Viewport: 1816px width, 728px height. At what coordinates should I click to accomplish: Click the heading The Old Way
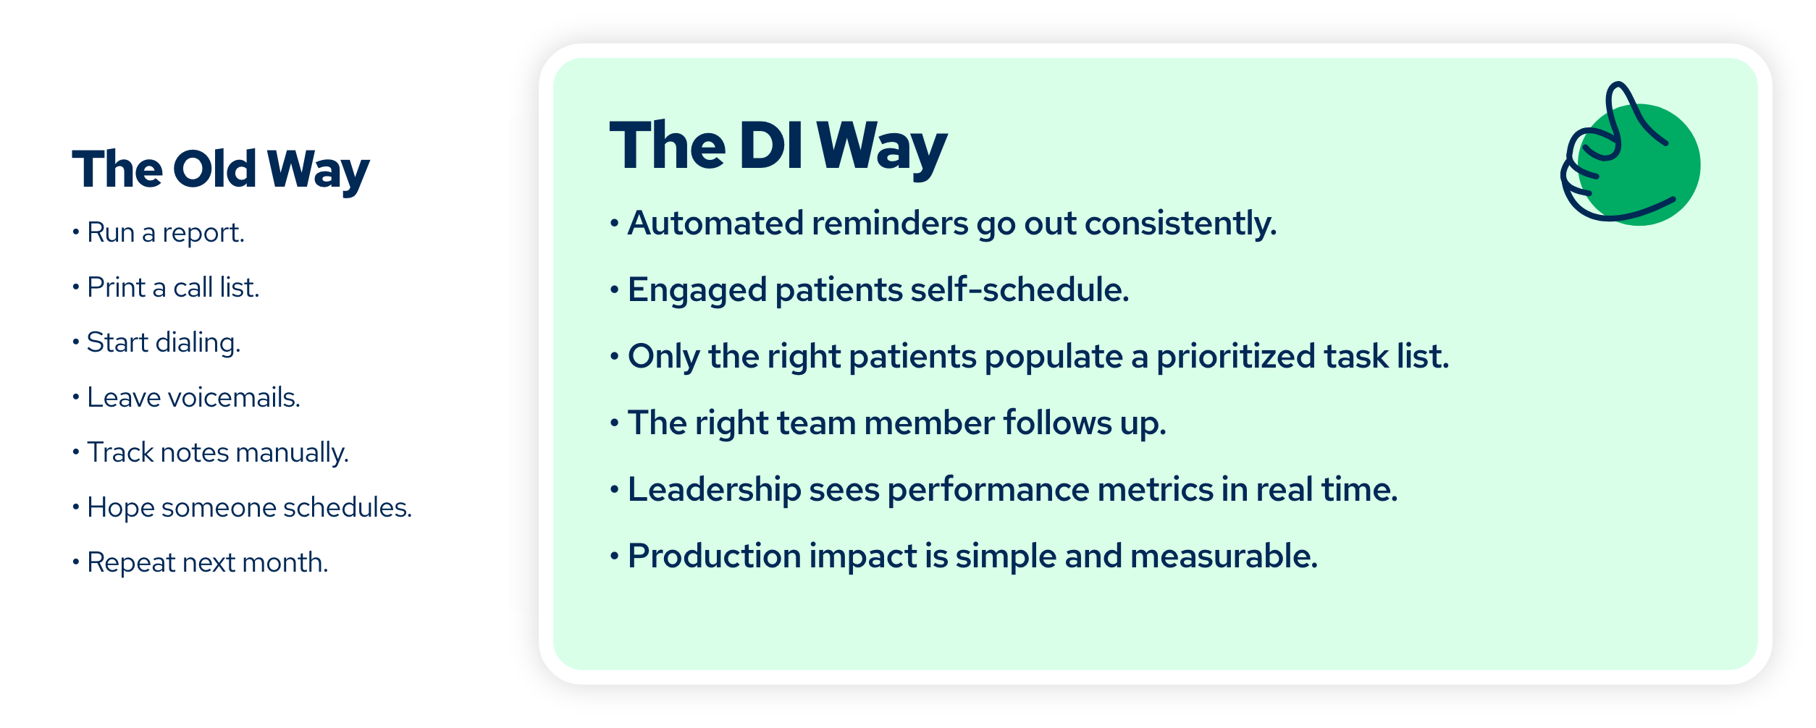(x=220, y=169)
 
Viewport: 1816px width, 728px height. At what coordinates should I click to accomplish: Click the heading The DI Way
(x=778, y=146)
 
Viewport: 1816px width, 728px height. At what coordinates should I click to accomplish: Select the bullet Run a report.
(x=165, y=233)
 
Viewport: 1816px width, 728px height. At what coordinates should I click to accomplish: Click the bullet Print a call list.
(x=172, y=288)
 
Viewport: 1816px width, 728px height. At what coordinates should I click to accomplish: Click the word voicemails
(x=234, y=398)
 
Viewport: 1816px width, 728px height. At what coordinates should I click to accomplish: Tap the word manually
(x=292, y=453)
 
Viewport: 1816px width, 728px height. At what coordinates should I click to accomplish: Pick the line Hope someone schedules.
(x=249, y=508)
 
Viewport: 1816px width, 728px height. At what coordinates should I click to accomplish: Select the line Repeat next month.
(x=207, y=563)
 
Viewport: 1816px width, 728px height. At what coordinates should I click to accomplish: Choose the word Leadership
(x=714, y=490)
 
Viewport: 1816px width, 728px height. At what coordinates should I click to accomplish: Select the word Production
(x=714, y=556)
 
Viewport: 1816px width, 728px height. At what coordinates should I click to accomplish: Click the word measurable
(x=1223, y=556)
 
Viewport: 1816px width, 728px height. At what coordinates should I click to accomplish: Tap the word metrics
(x=1155, y=490)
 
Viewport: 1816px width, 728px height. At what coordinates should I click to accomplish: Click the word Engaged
(x=697, y=290)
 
